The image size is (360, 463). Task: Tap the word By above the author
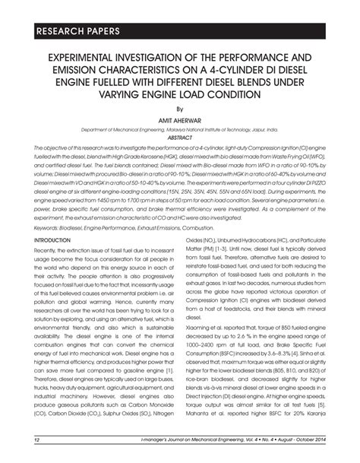coord(180,109)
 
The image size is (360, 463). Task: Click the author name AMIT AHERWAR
coord(180,120)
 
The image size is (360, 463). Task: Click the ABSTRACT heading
coord(180,138)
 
